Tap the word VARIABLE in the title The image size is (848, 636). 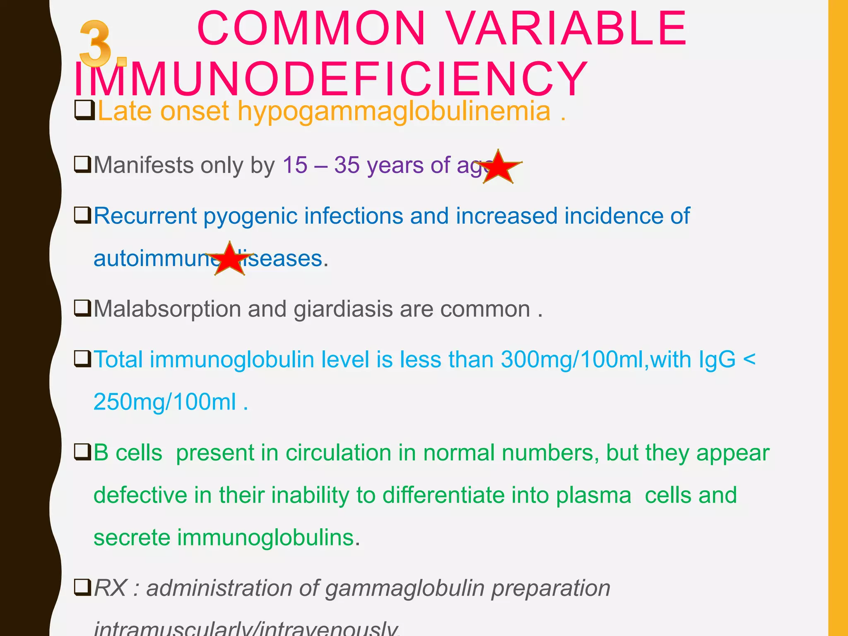coord(567,29)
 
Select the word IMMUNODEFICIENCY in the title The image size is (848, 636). coord(330,79)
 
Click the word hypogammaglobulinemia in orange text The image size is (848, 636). coord(394,112)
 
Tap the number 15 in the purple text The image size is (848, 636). coord(295,165)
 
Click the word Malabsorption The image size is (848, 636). coord(167,309)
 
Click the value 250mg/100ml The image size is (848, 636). coord(164,402)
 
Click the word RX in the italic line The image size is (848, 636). coord(110,588)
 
